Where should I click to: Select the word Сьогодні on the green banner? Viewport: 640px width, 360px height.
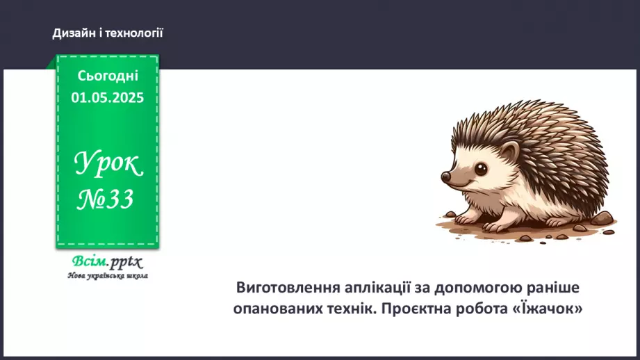(108, 76)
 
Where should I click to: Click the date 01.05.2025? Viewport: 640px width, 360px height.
(108, 98)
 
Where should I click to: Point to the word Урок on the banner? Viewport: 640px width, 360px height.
(108, 165)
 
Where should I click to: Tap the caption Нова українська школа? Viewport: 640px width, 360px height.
(107, 275)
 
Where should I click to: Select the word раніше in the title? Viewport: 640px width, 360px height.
(552, 288)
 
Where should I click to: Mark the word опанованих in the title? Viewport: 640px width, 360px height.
(277, 309)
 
